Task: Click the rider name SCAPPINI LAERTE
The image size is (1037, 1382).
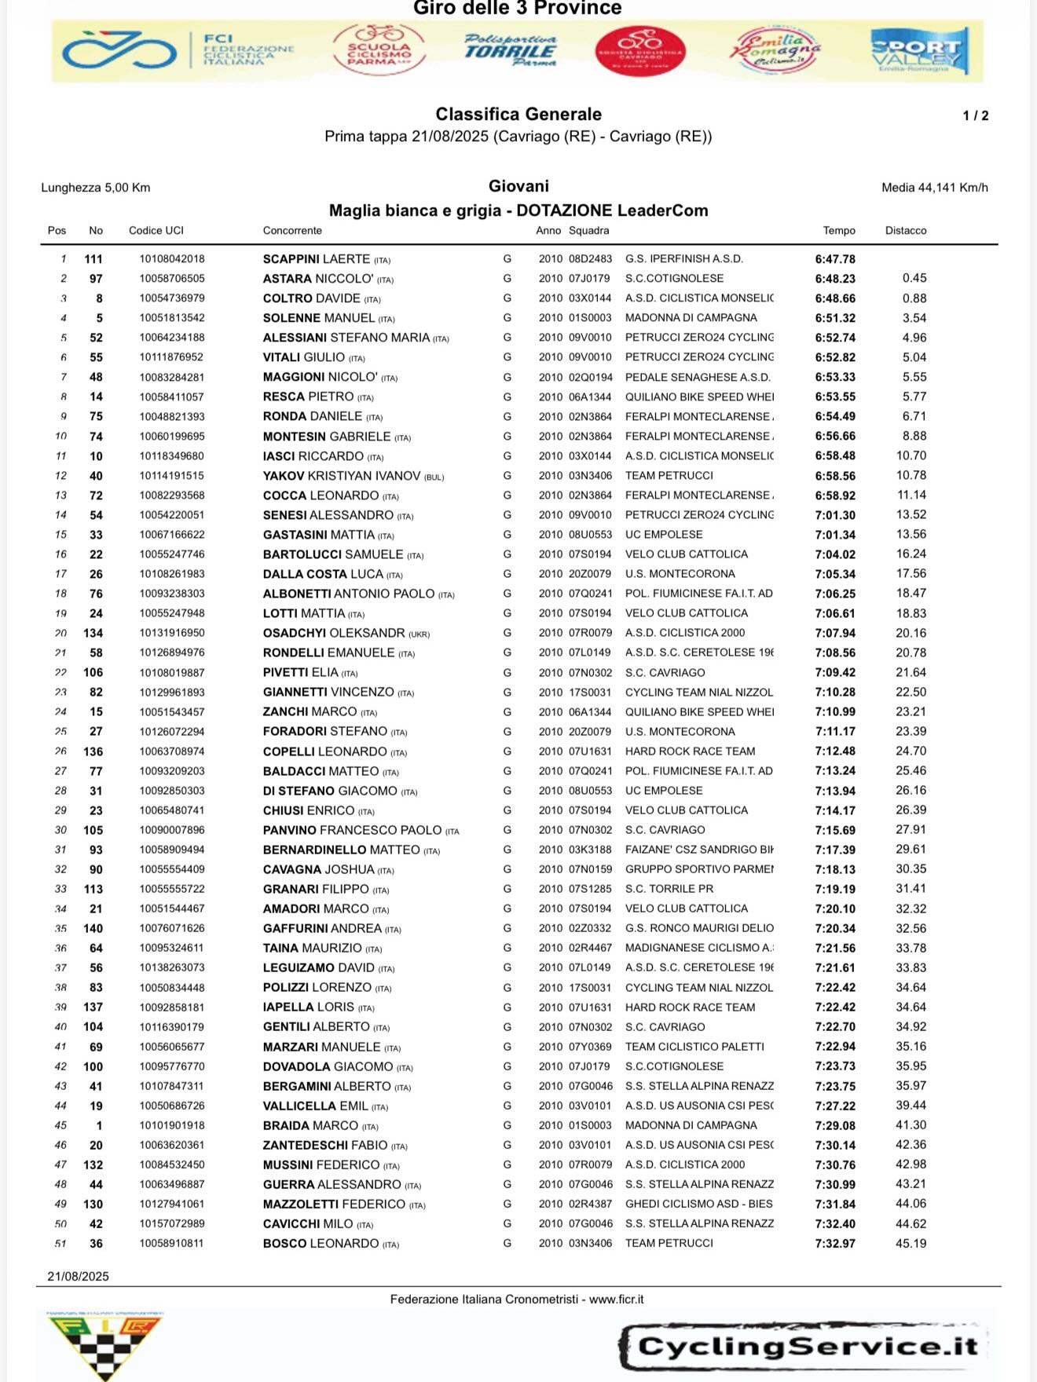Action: (x=316, y=259)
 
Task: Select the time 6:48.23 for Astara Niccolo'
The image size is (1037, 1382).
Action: (x=835, y=279)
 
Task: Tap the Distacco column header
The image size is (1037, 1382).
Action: (x=905, y=231)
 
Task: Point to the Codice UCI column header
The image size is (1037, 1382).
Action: (x=156, y=231)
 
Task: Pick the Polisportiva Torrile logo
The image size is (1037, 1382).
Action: (x=510, y=51)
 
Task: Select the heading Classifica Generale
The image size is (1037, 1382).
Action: (x=518, y=115)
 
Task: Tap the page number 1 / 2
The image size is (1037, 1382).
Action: (x=975, y=116)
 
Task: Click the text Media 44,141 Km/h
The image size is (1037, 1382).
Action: (x=934, y=188)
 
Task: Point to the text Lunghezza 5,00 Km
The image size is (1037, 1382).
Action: (x=95, y=188)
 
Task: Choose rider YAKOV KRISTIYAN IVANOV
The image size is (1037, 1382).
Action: (x=342, y=476)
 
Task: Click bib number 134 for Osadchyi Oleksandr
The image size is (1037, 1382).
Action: (x=93, y=633)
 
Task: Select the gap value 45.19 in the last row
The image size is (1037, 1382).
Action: (x=911, y=1244)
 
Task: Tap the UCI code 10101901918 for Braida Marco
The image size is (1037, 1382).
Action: (x=171, y=1125)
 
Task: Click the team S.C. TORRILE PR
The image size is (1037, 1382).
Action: (x=669, y=889)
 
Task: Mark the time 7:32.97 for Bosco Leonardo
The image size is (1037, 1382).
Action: (x=835, y=1244)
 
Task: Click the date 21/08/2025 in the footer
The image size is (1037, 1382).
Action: (x=78, y=1277)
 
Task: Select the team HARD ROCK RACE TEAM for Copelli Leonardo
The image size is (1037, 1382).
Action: (x=690, y=751)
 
